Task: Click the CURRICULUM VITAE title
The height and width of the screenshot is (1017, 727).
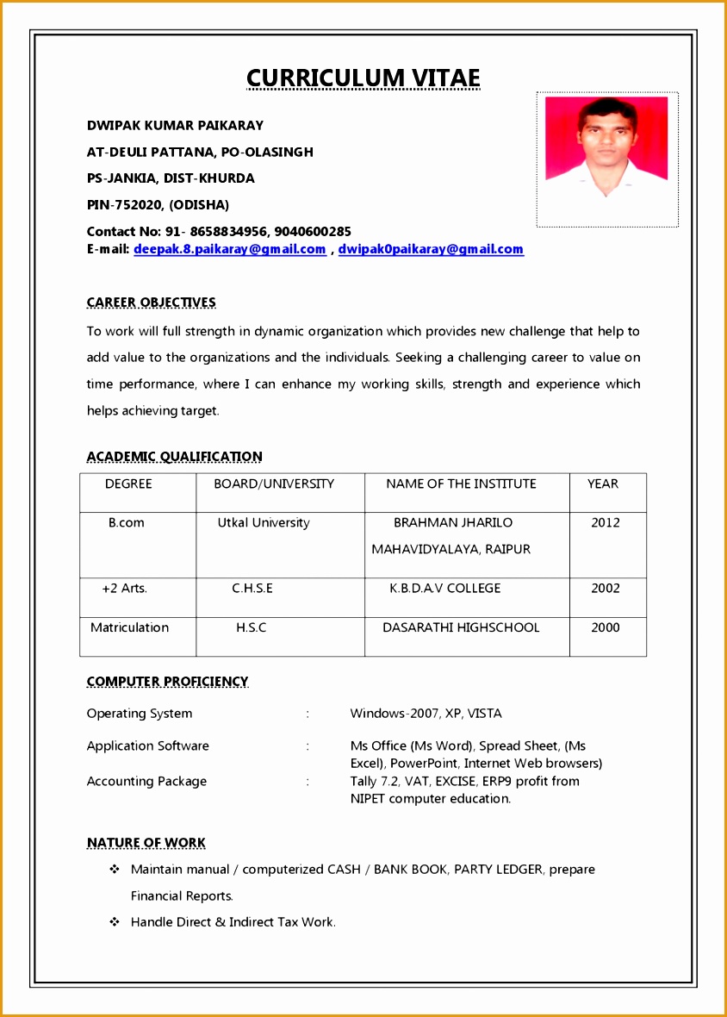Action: tap(363, 78)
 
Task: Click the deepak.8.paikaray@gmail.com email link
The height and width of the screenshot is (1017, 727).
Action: tap(229, 249)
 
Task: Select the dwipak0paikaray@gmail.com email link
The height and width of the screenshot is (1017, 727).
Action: tap(431, 249)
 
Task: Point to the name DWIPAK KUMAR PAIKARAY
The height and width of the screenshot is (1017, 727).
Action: tap(175, 125)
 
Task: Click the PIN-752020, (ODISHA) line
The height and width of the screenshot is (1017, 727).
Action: tap(158, 204)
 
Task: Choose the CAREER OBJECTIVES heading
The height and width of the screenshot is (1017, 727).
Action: tap(151, 303)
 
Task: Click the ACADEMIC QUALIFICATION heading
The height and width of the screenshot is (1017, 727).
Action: tap(174, 457)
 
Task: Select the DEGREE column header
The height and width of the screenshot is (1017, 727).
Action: tap(128, 484)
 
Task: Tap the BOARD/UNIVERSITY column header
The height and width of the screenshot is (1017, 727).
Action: tap(274, 484)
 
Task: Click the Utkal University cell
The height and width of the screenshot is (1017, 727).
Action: tap(264, 522)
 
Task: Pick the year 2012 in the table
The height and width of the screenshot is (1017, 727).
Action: tap(605, 522)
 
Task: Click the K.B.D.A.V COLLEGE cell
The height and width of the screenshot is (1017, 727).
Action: tap(444, 588)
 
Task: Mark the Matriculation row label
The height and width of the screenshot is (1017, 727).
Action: tap(129, 627)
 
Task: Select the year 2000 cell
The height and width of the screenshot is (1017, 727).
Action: tap(605, 627)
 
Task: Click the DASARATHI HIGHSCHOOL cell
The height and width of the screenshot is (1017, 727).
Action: tap(461, 627)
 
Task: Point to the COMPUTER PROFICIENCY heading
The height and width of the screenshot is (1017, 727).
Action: tap(167, 682)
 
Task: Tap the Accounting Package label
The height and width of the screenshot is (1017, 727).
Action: tap(146, 781)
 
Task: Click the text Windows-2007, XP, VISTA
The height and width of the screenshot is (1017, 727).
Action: tap(426, 713)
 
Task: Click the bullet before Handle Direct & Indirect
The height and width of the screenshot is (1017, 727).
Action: tap(114, 922)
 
